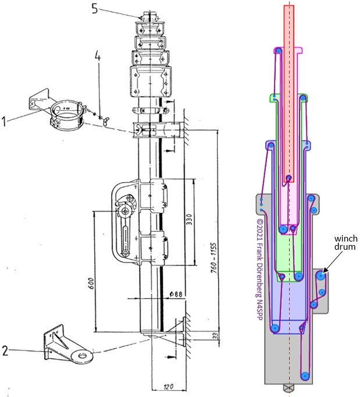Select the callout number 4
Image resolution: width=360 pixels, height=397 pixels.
[x=98, y=58]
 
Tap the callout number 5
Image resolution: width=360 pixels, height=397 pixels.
[x=95, y=8]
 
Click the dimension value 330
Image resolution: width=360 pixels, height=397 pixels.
[x=188, y=218]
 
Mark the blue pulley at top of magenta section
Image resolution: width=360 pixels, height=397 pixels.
[x=279, y=52]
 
